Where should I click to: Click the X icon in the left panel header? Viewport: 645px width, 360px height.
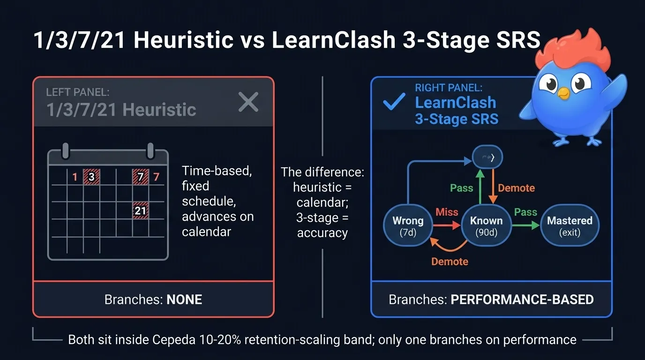pyautogui.click(x=248, y=102)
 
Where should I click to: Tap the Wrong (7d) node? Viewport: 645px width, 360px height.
pyautogui.click(x=408, y=225)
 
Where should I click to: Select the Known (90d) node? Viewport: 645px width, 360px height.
pyautogui.click(x=486, y=225)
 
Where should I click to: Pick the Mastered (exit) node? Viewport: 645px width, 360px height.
pyautogui.click(x=570, y=225)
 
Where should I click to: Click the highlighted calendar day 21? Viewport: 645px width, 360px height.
pyautogui.click(x=141, y=211)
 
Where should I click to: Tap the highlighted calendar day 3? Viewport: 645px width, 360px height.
pyautogui.click(x=91, y=177)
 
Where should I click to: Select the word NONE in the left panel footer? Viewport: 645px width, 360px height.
pyautogui.click(x=184, y=300)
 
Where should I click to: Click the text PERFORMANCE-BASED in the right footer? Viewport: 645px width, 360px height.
pyautogui.click(x=522, y=300)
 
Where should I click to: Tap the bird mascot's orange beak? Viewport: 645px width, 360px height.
pyautogui.click(x=563, y=94)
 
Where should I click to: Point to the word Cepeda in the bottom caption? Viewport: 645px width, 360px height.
pyautogui.click(x=168, y=339)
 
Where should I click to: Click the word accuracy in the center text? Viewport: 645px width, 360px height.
pyautogui.click(x=322, y=232)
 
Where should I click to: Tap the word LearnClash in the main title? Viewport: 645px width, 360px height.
pyautogui.click(x=334, y=41)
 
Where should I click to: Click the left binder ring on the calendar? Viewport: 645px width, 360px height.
pyautogui.click(x=66, y=151)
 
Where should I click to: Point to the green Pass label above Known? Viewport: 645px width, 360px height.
pyautogui.click(x=462, y=188)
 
